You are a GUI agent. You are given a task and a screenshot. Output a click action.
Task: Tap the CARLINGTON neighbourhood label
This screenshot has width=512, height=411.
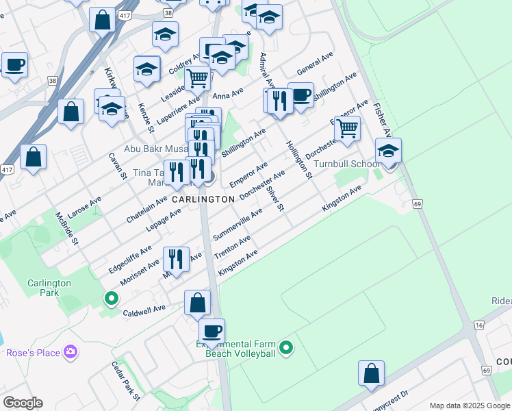coord(203,199)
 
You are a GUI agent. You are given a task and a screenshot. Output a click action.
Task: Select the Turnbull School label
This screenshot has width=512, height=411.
coord(346,164)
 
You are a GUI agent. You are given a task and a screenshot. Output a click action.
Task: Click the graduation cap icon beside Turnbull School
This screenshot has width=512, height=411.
coord(388,151)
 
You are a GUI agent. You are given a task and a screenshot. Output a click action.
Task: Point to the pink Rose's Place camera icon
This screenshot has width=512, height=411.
coord(70,352)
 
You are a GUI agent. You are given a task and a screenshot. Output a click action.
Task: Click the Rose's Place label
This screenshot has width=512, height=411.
coord(33,353)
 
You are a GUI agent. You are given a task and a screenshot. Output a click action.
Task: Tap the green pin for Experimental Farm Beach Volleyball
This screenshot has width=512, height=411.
coord(287,349)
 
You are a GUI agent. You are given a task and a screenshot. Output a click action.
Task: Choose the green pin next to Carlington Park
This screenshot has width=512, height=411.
coord(111,299)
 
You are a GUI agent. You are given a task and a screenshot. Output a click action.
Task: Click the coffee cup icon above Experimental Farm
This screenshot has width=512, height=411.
coord(212,332)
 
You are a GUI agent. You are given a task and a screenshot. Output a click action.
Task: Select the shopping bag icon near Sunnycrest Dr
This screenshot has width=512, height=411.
coord(371,374)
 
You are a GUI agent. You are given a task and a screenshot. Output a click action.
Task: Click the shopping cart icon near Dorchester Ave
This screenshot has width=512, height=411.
coord(348,127)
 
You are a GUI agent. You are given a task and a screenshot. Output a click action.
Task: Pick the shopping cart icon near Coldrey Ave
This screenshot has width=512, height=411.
coord(197,79)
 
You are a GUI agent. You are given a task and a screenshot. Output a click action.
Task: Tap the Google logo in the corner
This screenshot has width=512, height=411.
coord(23,403)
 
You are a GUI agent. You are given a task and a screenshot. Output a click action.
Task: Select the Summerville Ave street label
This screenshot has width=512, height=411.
coord(238,225)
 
